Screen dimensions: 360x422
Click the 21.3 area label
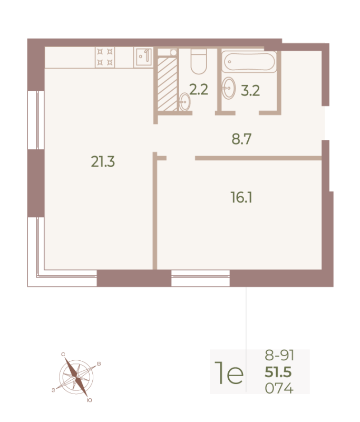tap(103, 162)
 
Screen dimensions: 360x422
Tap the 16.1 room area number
tap(241, 197)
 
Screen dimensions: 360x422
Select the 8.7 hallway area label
tap(241, 139)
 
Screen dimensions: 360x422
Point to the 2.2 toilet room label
tap(199, 90)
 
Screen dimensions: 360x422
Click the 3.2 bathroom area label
tap(250, 91)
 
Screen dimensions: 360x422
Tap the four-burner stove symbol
tap(105, 57)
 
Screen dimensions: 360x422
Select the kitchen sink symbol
tap(143, 57)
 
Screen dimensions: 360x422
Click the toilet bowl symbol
tap(199, 61)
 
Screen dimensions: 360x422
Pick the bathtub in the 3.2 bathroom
tap(249, 62)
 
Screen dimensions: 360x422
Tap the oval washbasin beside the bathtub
tap(229, 88)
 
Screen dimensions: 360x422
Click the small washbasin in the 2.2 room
tap(184, 102)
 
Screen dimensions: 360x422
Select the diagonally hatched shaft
tap(167, 84)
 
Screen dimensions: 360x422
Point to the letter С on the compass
tap(63, 354)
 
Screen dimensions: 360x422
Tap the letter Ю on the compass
tap(90, 400)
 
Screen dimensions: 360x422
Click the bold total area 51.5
tap(278, 372)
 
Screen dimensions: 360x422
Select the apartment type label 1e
tap(229, 373)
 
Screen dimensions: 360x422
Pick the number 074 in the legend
tap(279, 388)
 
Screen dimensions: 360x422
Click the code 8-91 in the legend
tap(279, 355)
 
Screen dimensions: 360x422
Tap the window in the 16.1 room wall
tap(201, 278)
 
